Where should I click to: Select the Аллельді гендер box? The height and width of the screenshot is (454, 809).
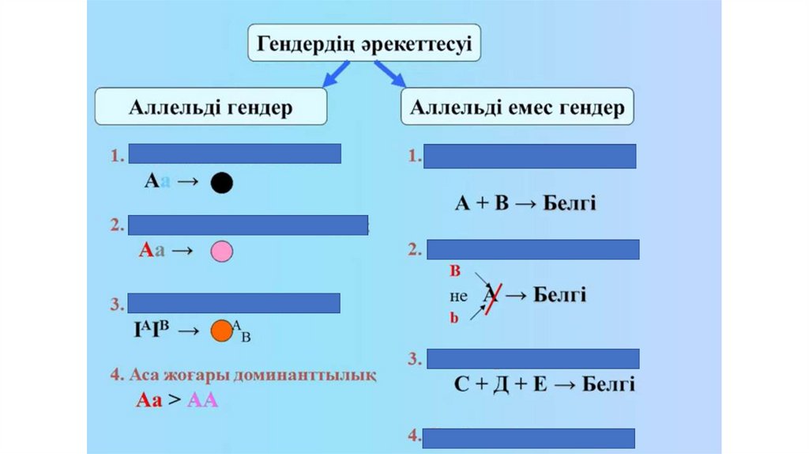(210, 107)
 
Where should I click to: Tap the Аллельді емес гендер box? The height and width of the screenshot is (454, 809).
(517, 107)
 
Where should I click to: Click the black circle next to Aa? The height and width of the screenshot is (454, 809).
(222, 183)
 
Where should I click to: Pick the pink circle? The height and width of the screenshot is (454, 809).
(221, 252)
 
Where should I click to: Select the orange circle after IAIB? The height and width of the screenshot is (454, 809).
(221, 330)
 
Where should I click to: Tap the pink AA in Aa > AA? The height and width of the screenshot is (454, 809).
(202, 400)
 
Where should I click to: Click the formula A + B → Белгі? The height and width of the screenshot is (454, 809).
(525, 204)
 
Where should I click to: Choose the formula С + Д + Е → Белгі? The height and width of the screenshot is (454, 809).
(544, 385)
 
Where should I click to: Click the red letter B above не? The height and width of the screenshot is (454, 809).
(455, 271)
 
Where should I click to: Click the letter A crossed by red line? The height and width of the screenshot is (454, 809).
(491, 296)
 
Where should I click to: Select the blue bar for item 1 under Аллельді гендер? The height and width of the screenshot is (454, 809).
(235, 153)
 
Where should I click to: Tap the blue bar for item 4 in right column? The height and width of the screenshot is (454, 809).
(529, 437)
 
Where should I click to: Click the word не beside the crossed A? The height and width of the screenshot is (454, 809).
(458, 297)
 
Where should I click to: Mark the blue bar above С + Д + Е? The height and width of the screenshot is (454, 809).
(532, 358)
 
